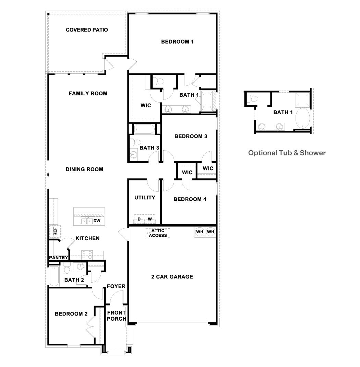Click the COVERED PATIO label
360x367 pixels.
point(87,30)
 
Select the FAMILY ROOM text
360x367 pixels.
point(88,93)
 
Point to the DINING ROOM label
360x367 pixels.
point(84,169)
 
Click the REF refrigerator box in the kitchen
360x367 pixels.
point(55,232)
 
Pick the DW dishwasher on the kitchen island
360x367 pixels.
point(97,221)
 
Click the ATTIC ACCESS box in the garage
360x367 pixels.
point(158,233)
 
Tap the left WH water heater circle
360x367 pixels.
point(200,232)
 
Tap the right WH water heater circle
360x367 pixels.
point(211,232)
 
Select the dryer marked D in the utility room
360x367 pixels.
point(139,219)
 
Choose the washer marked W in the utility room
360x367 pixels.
point(150,219)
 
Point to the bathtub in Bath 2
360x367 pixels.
point(54,276)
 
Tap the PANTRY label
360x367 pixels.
point(58,258)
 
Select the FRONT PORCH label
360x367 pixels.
point(117,316)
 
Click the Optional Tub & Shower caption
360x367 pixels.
point(287,153)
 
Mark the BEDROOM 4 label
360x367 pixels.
point(190,199)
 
